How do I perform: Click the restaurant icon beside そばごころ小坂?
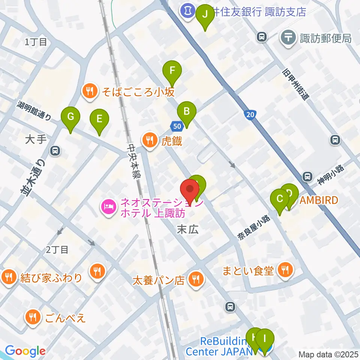click(x=89, y=91)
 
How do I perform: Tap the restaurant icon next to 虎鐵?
click(x=150, y=140)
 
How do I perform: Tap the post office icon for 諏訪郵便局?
click(x=288, y=38)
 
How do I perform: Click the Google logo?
click(x=25, y=351)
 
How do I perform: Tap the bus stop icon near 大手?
click(x=55, y=151)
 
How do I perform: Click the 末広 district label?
click(x=187, y=230)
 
